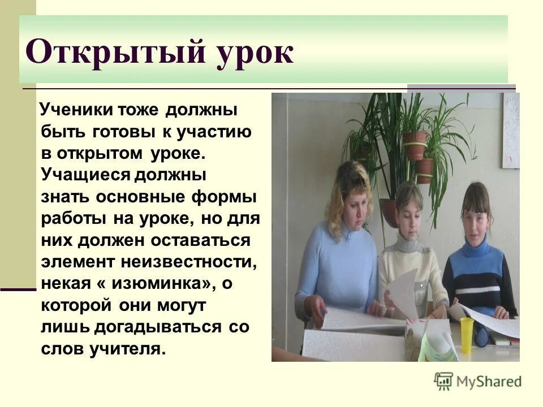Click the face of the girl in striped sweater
click(475, 213)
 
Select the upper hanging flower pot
click(416, 145)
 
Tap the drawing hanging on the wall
click(511, 130)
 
